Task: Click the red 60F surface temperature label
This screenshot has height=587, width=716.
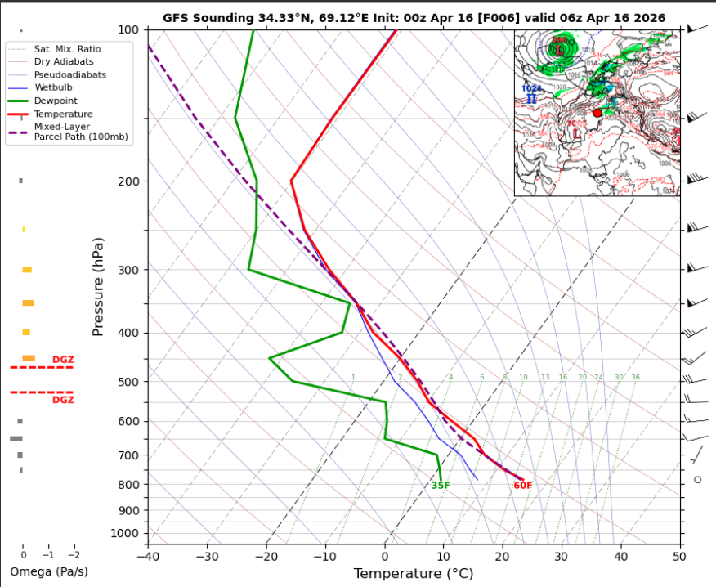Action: [523, 486]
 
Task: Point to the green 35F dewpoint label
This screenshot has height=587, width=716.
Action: [441, 486]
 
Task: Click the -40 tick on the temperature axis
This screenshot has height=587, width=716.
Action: [148, 556]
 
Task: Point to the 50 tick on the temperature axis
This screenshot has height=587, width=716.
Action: [679, 556]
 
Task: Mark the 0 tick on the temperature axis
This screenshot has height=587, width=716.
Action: [384, 556]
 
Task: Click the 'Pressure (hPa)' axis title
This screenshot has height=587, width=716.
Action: [99, 286]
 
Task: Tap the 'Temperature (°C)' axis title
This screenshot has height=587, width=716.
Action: [414, 573]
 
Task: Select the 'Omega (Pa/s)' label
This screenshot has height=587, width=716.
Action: [49, 571]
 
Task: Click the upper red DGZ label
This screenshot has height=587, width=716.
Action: [63, 360]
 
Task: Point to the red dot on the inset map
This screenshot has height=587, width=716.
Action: [597, 113]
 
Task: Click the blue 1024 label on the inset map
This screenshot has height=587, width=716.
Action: [532, 88]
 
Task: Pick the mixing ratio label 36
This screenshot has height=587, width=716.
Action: [635, 377]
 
